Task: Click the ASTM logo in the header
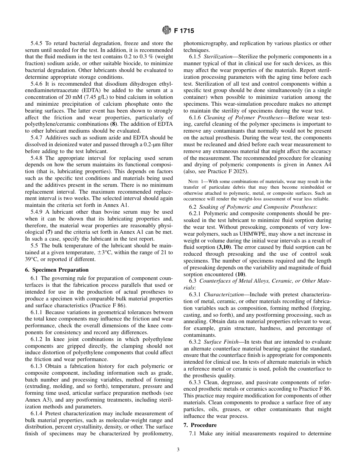166,31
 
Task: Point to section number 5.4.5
38,44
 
